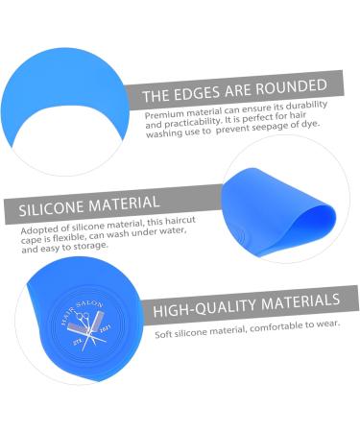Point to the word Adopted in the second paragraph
(39, 230)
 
